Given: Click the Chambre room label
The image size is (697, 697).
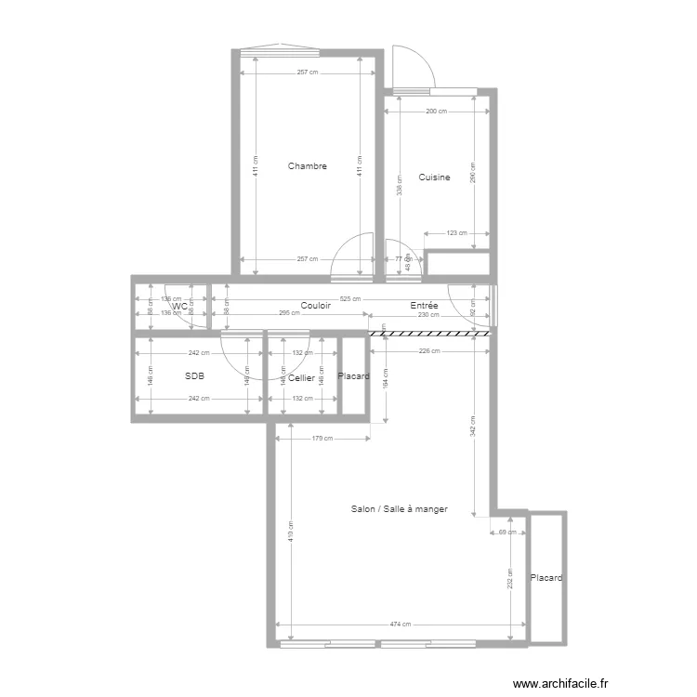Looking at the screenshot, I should click(307, 166).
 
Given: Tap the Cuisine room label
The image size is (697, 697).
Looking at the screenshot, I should click(434, 178).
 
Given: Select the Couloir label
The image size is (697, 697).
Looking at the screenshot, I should click(316, 305).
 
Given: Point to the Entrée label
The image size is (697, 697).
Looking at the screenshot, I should click(424, 305).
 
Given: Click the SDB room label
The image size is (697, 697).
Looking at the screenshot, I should click(194, 376).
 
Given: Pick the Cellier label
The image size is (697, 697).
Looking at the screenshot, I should click(301, 377).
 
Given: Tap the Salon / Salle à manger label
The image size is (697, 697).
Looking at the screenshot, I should click(399, 509).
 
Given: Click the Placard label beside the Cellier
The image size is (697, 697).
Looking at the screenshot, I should click(353, 376).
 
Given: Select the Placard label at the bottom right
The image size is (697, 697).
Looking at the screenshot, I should click(546, 578).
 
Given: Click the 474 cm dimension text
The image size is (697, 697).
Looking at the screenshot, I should click(401, 625).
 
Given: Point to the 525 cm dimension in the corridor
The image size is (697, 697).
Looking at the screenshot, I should click(350, 299).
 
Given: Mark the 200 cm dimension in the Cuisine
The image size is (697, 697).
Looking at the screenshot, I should click(436, 111).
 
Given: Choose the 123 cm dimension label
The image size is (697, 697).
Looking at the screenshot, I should click(457, 234).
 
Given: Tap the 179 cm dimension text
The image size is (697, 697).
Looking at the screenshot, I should click(322, 440).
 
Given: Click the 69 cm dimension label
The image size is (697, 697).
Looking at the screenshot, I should click(506, 533).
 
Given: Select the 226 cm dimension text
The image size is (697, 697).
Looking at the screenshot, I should click(429, 351).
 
